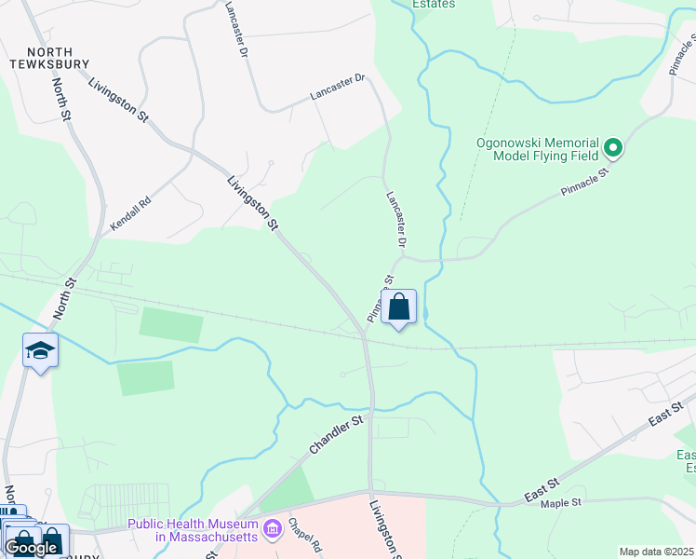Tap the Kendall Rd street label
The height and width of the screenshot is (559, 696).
click(129, 213)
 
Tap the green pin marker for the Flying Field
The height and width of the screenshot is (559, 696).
click(613, 148)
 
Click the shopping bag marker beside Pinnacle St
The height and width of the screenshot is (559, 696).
click(399, 308)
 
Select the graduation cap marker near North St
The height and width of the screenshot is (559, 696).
click(40, 351)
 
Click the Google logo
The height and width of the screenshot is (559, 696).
click(30, 547)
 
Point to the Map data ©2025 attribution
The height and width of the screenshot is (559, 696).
click(657, 552)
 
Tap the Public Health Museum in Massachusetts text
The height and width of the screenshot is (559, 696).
click(194, 530)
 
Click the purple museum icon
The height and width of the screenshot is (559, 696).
click(273, 530)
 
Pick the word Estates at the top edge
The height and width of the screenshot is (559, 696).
click(434, 5)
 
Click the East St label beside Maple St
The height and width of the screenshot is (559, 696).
click(541, 488)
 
